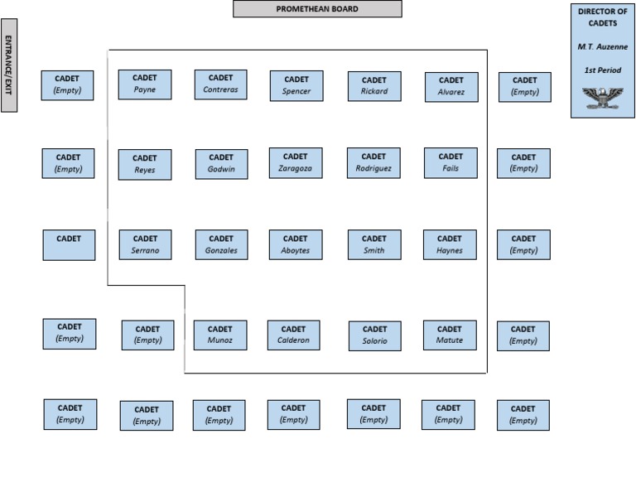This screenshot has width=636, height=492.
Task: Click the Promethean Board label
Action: tap(317, 9)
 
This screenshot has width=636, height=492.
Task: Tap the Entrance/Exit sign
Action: tap(9, 65)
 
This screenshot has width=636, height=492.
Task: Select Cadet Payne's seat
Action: tap(145, 84)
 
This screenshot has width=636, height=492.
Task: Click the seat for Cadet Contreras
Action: tap(220, 84)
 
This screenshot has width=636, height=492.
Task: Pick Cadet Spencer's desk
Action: tap(296, 86)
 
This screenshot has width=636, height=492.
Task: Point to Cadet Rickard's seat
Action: tap(374, 86)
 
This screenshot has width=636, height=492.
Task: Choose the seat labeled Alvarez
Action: tap(451, 87)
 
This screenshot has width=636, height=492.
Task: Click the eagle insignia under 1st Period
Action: tap(602, 99)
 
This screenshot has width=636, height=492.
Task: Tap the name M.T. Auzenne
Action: tap(603, 46)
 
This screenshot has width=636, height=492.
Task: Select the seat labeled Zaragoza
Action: tap(296, 163)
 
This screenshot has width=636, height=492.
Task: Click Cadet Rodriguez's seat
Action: tap(373, 163)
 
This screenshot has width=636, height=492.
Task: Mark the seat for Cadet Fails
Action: tap(450, 163)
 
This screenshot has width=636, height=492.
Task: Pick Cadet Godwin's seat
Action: tap(221, 164)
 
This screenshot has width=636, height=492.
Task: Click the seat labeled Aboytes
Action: tap(296, 244)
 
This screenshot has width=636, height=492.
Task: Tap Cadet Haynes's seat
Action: tap(450, 244)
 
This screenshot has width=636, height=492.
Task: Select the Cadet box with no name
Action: tap(69, 245)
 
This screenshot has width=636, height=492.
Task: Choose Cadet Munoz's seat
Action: tap(220, 335)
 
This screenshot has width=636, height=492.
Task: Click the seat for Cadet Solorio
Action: tap(375, 335)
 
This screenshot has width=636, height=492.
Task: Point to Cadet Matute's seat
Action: tap(450, 335)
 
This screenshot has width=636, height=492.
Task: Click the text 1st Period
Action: tap(603, 70)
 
